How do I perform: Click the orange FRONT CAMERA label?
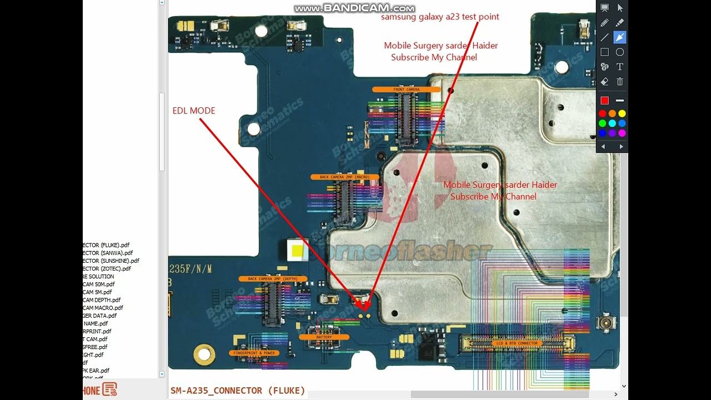[407, 89]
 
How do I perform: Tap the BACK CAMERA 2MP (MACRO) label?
[344, 177]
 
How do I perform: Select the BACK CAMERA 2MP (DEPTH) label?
[273, 279]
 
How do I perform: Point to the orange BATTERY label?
[324, 337]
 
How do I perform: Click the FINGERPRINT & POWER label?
[254, 353]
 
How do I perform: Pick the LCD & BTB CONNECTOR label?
[515, 343]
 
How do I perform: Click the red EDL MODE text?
[194, 111]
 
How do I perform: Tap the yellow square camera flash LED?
[297, 251]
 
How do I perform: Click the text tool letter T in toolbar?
[620, 67]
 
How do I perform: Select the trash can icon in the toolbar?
[620, 82]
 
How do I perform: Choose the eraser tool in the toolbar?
[604, 82]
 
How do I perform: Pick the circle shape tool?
[620, 52]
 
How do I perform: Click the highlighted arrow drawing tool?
[620, 37]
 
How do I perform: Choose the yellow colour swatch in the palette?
[622, 113]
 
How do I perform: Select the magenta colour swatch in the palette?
[622, 133]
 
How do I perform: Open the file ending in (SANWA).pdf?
[108, 253]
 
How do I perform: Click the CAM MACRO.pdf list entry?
[103, 308]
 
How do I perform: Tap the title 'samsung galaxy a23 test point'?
[440, 17]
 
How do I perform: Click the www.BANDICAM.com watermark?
[354, 8]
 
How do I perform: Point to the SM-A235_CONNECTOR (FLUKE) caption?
[238, 391]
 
